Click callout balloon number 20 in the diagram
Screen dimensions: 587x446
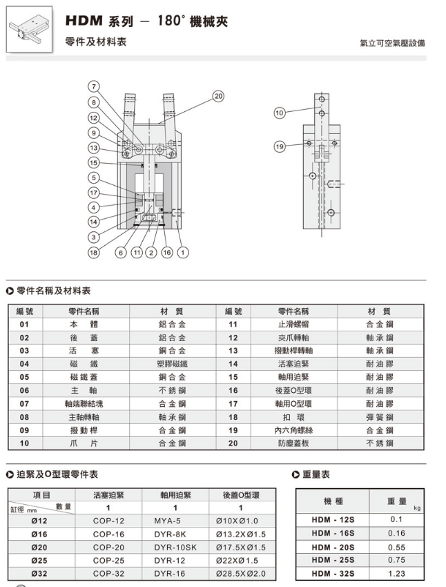coord(219,96)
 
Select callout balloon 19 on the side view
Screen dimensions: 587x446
coord(280,146)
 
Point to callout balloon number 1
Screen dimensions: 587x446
coord(183,253)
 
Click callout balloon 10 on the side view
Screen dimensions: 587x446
coord(280,113)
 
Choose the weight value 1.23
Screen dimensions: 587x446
coord(396,573)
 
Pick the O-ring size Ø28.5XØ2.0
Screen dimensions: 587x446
coord(240,574)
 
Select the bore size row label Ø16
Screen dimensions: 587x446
coord(41,535)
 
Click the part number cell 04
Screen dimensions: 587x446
coord(24,363)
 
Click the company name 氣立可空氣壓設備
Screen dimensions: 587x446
coord(392,43)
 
